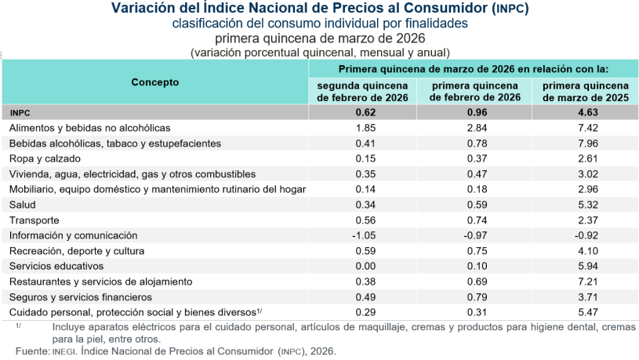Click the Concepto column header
tap(154, 82)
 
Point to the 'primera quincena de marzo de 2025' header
tap(585, 91)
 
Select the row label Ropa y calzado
tap(45, 158)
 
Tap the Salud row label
tap(23, 205)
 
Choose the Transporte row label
tap(34, 220)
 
